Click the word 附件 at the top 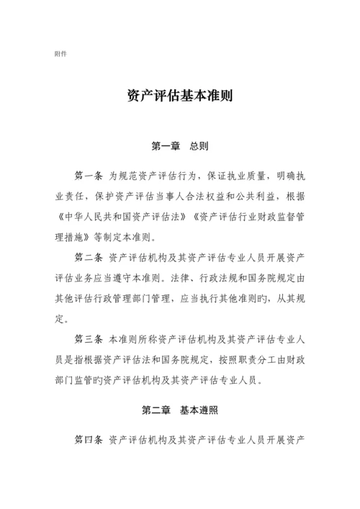[x=61, y=54]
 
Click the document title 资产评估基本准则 [x=179, y=98]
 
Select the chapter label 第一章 [x=165, y=146]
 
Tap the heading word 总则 [x=199, y=146]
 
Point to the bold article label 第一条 [x=89, y=176]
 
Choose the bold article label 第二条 [x=89, y=256]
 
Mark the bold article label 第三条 [x=89, y=338]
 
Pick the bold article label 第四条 [x=89, y=438]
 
